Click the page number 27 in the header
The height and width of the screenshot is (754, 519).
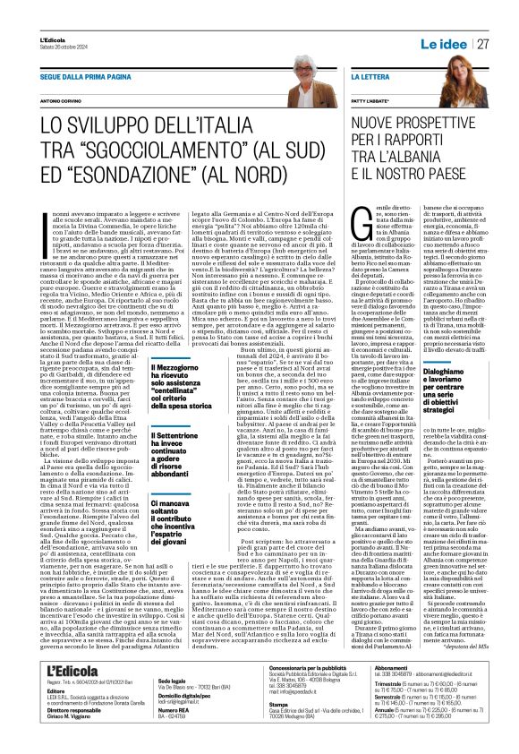tap(481, 43)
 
